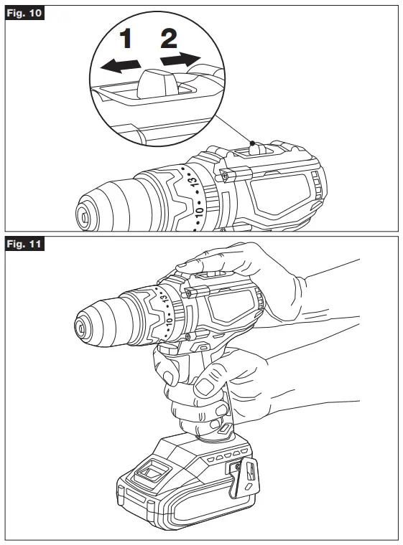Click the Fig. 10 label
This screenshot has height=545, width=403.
click(x=24, y=14)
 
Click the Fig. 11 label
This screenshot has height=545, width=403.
click(x=24, y=245)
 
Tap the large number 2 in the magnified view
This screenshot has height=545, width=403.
click(x=169, y=38)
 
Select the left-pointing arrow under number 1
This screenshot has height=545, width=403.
click(x=119, y=66)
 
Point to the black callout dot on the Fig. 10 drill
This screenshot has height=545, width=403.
click(x=251, y=143)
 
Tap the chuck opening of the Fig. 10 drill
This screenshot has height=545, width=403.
click(x=85, y=213)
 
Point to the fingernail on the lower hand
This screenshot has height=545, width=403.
click(x=203, y=388)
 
